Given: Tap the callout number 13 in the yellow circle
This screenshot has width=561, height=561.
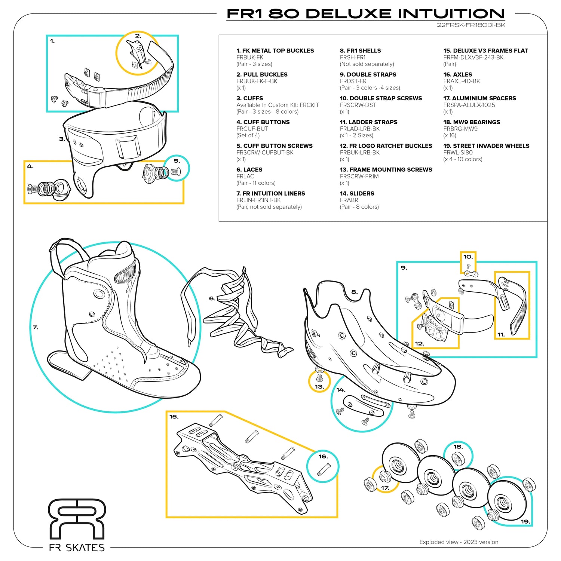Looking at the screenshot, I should pyautogui.click(x=319, y=386).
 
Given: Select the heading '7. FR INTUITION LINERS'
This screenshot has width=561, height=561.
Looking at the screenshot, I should pyautogui.click(x=270, y=193).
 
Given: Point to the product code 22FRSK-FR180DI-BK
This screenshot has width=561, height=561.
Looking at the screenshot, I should pyautogui.click(x=471, y=25).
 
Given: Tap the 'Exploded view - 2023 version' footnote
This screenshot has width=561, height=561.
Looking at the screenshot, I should pyautogui.click(x=459, y=542).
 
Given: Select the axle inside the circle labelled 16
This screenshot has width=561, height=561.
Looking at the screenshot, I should pyautogui.click(x=324, y=469).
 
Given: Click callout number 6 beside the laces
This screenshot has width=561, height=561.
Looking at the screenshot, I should pyautogui.click(x=212, y=298).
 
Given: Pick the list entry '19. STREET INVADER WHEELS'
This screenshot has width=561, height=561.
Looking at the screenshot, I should pyautogui.click(x=486, y=146).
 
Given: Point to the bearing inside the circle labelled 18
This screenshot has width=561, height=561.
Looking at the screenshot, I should pyautogui.click(x=457, y=459).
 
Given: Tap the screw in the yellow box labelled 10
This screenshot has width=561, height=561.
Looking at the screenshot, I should pyautogui.click(x=467, y=266).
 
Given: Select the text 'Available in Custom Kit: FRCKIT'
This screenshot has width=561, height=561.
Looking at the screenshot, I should pyautogui.click(x=278, y=105).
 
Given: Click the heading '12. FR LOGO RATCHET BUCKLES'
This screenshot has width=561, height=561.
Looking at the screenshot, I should pyautogui.click(x=386, y=146).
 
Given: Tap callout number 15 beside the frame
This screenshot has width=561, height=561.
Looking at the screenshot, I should pyautogui.click(x=174, y=417).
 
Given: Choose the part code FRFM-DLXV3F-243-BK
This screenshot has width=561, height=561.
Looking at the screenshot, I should pyautogui.click(x=473, y=58).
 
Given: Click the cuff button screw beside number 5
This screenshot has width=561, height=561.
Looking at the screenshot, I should pyautogui.click(x=175, y=172).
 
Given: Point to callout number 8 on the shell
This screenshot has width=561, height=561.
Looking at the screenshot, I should pyautogui.click(x=354, y=292).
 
